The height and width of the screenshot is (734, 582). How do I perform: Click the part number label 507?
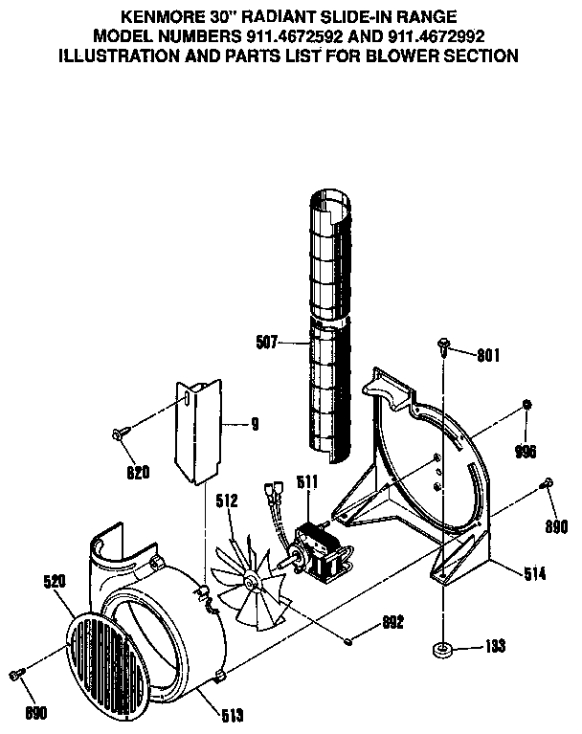pyautogui.click(x=269, y=338)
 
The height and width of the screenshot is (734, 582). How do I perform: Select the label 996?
pyautogui.click(x=526, y=451)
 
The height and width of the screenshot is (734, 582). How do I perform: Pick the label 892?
pyautogui.click(x=392, y=622)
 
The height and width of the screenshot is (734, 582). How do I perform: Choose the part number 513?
pyautogui.click(x=232, y=714)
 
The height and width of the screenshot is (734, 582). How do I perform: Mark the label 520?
pyautogui.click(x=56, y=581)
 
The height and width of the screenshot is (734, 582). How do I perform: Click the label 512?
pyautogui.click(x=227, y=498)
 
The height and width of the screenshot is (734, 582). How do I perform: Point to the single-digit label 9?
pyautogui.click(x=255, y=422)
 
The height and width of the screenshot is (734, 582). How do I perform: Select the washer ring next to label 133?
pyautogui.click(x=444, y=649)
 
